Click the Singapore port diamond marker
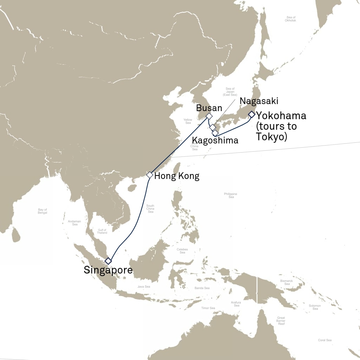tap(108, 261)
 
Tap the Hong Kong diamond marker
tap(150, 175)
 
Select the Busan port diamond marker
tap(209, 116)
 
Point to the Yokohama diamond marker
tap(251, 114)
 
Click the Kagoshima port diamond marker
tap(215, 133)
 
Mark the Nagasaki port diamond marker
tap(212, 127)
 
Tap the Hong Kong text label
tap(177, 176)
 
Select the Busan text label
tap(209, 108)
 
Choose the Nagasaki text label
tap(259, 101)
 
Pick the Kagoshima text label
tap(215, 141)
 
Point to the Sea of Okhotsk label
tap(291, 19)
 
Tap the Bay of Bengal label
tap(43, 211)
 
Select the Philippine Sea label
tap(231, 195)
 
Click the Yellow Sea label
tap(188, 121)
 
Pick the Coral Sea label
tap(324, 340)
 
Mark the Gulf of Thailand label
tap(102, 231)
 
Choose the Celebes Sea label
tap(182, 251)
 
